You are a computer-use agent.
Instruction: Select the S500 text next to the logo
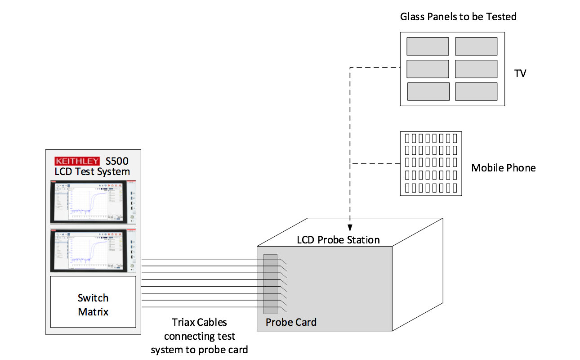coord(117,161)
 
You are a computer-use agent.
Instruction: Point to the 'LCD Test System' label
coord(92,171)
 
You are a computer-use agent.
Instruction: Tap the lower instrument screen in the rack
coord(93,250)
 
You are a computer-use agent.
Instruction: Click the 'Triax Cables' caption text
coord(199,322)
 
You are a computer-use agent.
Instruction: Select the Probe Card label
coord(291,322)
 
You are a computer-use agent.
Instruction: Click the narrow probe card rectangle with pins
coord(270,284)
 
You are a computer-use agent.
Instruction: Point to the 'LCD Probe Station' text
coord(338,240)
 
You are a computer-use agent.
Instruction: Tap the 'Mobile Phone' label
coord(503,168)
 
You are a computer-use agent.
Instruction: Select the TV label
coord(520,73)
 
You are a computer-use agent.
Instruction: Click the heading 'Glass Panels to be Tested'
coord(458,17)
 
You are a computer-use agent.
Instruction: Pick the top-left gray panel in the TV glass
coord(428,46)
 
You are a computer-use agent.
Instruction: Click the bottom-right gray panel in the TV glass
coord(476,91)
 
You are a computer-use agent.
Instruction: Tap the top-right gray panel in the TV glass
coord(476,46)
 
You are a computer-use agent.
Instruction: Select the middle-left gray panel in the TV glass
coord(428,69)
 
